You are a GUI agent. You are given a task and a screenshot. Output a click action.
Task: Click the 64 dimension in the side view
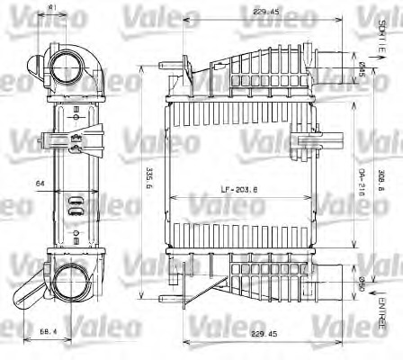40,184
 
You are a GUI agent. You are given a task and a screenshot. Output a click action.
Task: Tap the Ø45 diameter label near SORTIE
362,68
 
